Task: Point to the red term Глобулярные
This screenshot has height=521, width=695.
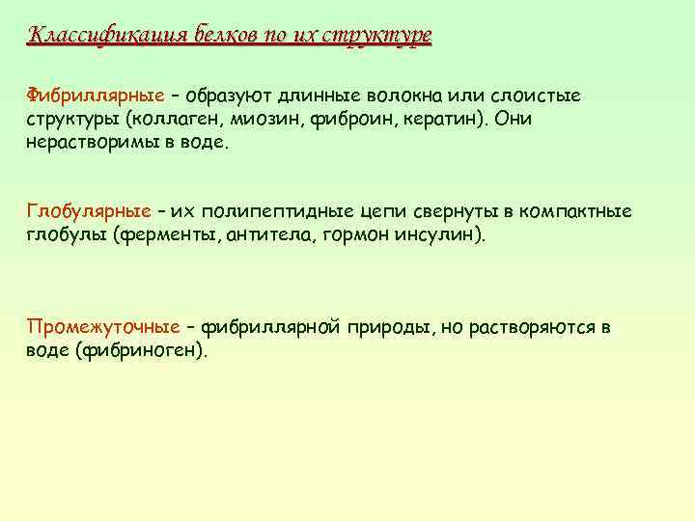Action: pos(88,211)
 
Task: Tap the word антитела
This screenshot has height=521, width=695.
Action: pos(265,234)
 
